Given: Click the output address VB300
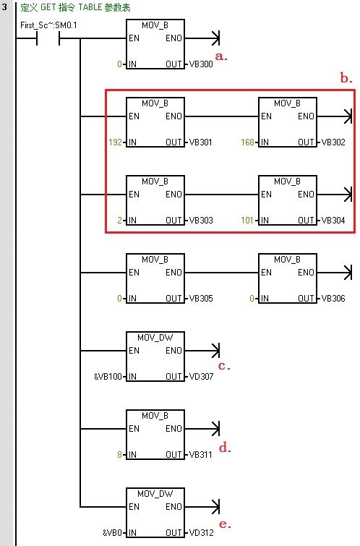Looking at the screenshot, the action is pos(201,64).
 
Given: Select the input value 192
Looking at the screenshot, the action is pos(115,142).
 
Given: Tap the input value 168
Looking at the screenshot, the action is pos(247,142).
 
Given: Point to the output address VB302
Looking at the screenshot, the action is pos(333,142).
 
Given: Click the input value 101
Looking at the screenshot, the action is pos(247,220).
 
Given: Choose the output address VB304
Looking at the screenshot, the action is pos(333,220).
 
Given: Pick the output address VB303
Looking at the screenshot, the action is pos(201,220).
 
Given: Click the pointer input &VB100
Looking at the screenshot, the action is pos(108,377).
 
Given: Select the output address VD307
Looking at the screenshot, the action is pos(201,377).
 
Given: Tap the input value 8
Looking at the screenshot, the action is pos(119,454).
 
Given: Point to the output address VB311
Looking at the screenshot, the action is pos(200,454).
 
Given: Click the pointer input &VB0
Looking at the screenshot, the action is pos(113,532).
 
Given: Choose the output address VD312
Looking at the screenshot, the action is pos(201,532).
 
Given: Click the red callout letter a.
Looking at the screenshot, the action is pos(221,56).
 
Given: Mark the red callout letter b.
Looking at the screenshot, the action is pos(346,77).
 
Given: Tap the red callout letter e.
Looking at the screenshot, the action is pos(225,524).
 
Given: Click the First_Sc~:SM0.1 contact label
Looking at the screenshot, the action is pos(48,25).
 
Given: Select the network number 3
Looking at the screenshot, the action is pos(4,7).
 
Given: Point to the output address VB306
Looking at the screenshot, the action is pos(333,299).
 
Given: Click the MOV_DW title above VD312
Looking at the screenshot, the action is pos(155,494).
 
